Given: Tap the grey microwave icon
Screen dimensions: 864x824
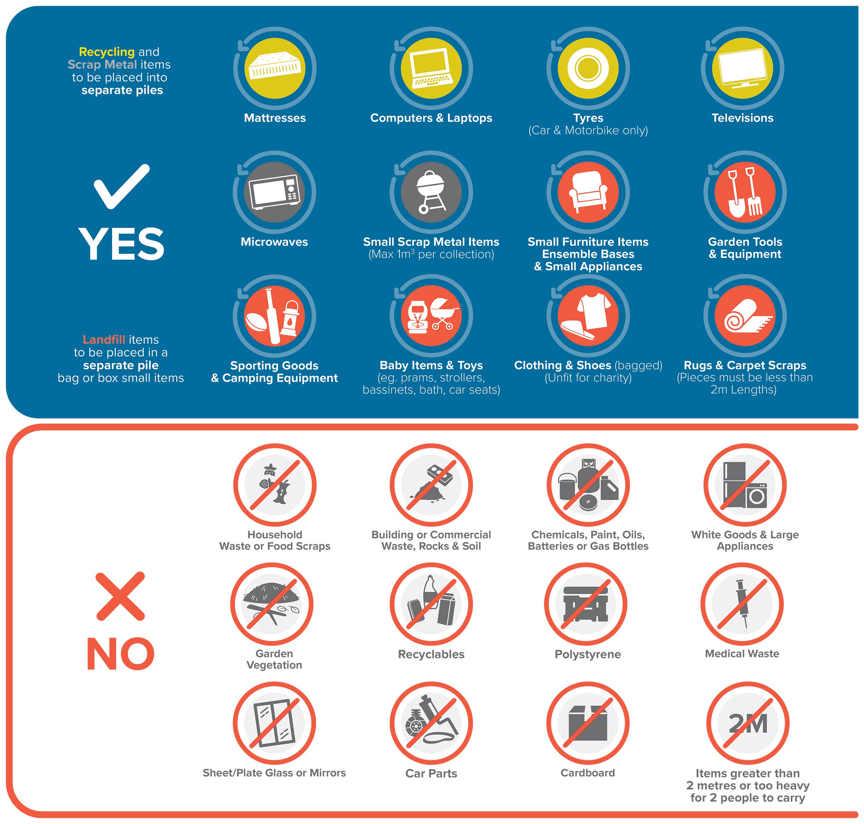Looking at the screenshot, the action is click(274, 192).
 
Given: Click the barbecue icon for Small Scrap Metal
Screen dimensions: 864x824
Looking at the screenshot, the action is click(431, 192).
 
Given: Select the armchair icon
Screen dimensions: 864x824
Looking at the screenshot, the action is click(588, 192).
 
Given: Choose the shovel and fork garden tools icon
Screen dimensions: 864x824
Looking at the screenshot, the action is click(745, 192).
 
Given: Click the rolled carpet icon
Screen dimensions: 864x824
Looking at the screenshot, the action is click(745, 316).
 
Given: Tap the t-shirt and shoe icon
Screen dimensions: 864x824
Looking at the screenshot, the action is click(588, 316).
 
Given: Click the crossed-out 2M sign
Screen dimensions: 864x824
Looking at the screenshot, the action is click(748, 723).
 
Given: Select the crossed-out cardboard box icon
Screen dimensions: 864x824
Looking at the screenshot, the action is click(588, 723).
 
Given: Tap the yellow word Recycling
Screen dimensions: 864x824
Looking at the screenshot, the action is click(107, 52).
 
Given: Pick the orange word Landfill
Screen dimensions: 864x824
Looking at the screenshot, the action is click(104, 340).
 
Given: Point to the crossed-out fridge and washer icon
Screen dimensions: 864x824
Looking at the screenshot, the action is click(745, 485).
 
